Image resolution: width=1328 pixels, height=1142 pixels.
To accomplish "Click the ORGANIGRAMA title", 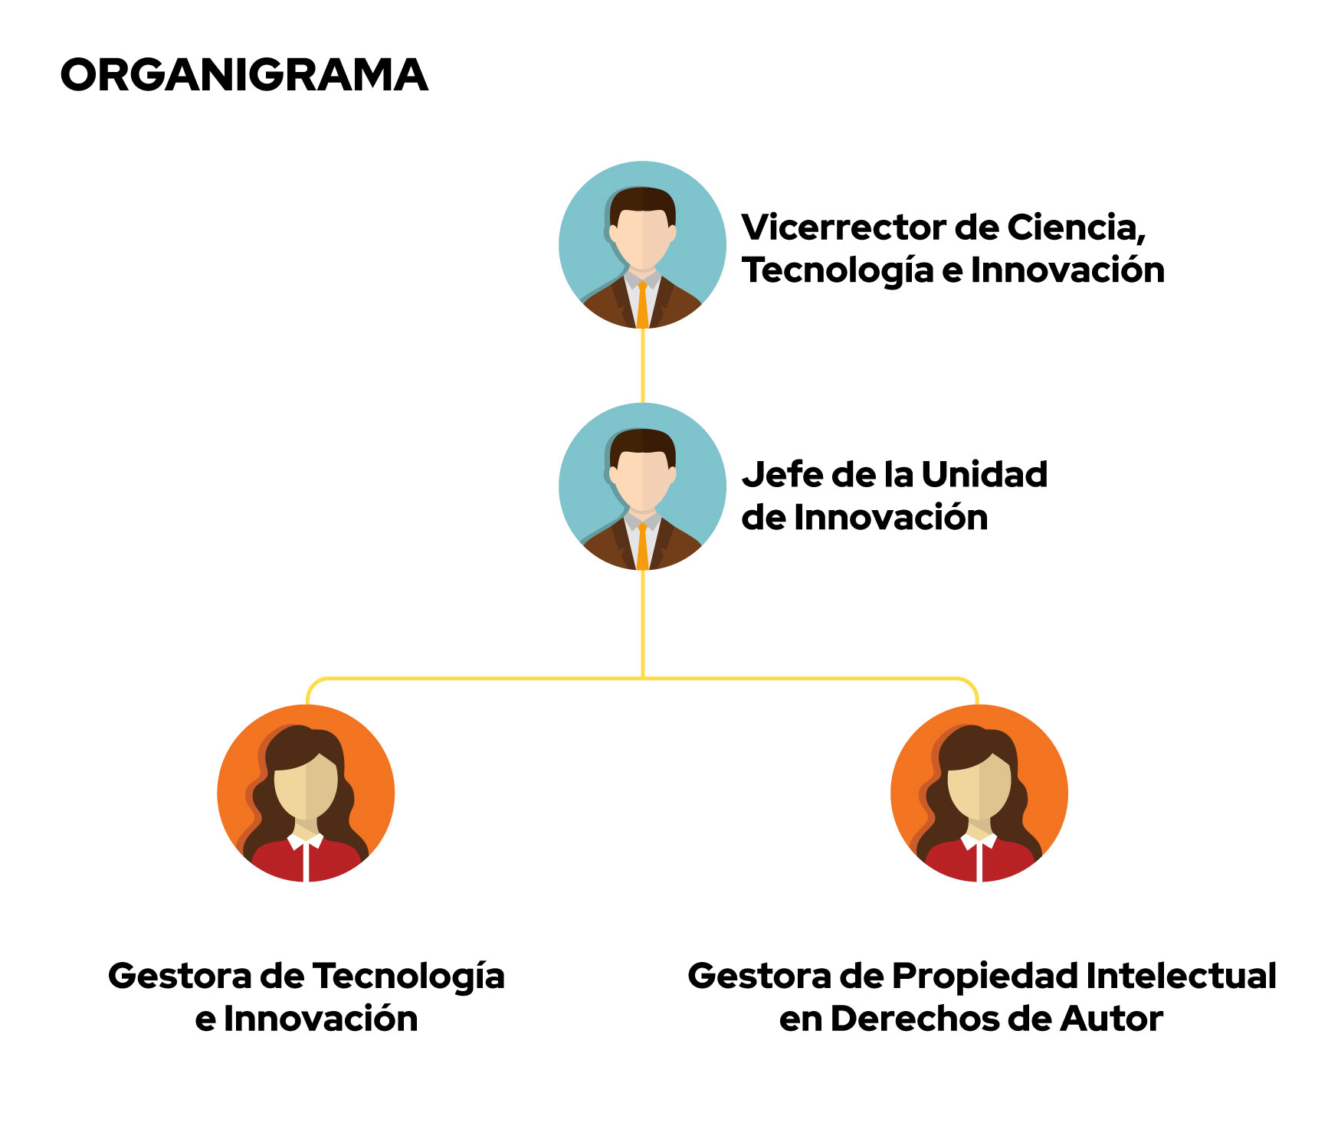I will [244, 75].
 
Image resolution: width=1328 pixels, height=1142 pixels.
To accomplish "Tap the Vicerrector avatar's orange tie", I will [642, 306].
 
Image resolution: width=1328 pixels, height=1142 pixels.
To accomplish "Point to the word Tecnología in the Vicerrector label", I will [838, 270].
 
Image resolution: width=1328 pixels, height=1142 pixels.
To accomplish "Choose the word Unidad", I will [985, 475].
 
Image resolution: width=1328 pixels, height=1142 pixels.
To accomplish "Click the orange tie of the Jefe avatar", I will [642, 547].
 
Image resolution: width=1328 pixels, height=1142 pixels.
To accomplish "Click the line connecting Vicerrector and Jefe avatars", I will [642, 366].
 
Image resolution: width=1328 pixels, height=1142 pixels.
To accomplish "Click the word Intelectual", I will [1182, 977].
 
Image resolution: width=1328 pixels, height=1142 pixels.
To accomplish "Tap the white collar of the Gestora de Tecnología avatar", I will [306, 843].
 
